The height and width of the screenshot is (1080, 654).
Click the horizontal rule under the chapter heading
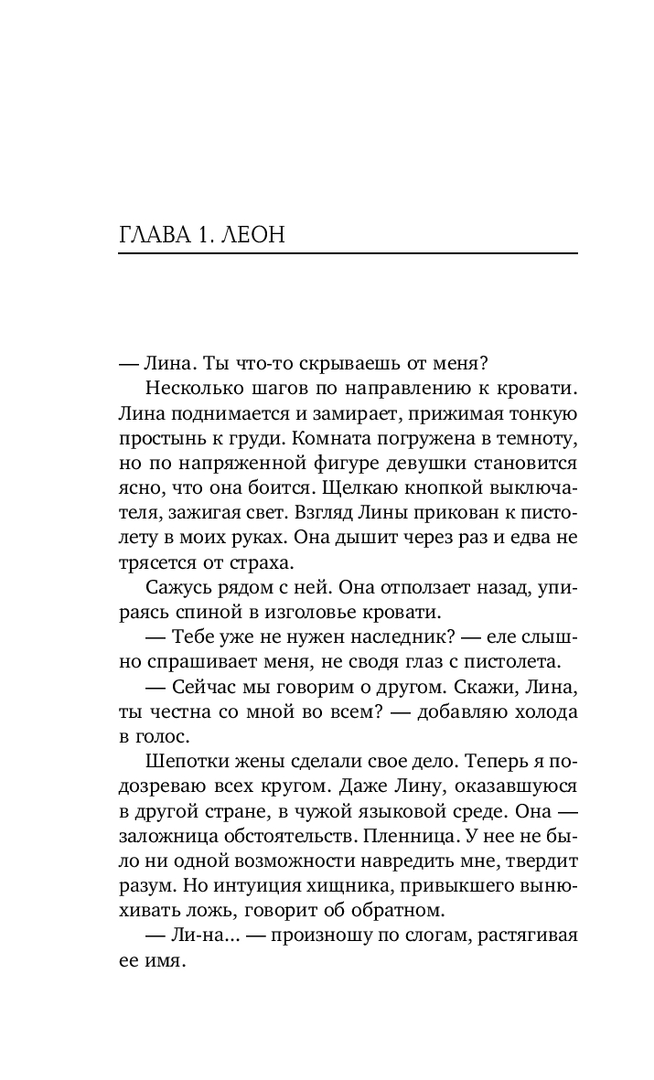pyautogui.click(x=348, y=253)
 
